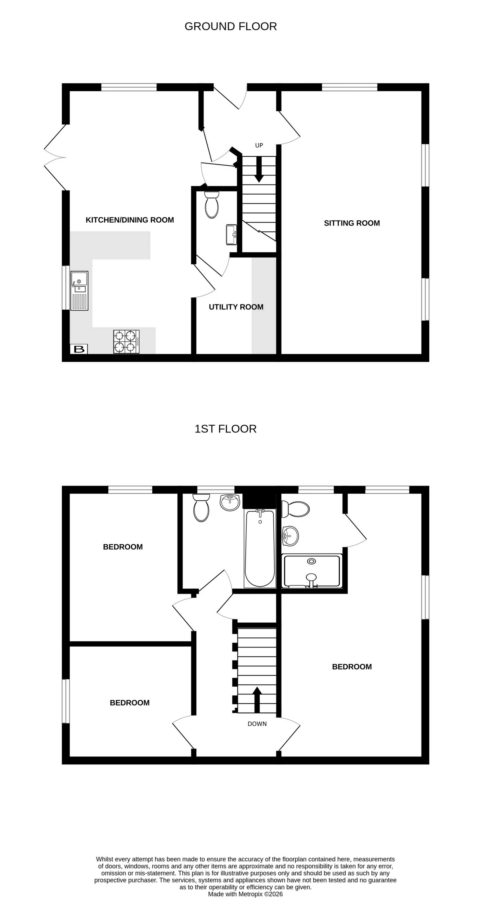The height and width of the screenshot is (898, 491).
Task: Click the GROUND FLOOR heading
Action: click(x=230, y=27)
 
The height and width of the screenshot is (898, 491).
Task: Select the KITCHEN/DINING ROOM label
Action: click(x=130, y=220)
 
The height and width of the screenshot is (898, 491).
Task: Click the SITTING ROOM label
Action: click(x=352, y=223)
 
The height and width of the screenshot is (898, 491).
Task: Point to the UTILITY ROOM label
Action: click(x=236, y=307)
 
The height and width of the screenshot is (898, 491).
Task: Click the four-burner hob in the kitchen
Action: click(x=126, y=342)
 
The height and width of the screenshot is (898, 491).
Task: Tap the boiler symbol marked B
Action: click(x=79, y=349)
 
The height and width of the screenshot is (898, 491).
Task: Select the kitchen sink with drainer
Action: click(x=80, y=290)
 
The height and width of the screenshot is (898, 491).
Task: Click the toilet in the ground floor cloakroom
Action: click(x=211, y=205)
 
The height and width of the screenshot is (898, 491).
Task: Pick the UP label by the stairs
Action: click(x=259, y=145)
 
